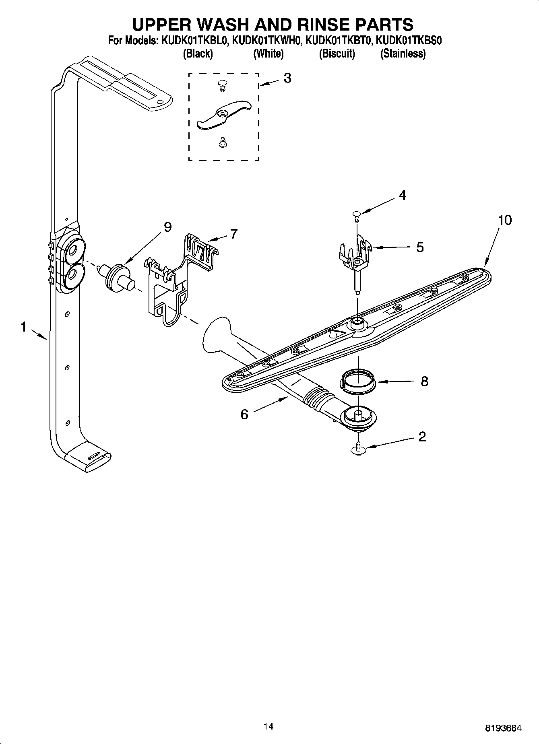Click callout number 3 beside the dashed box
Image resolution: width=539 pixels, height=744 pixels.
287,78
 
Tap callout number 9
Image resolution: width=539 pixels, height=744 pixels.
167,227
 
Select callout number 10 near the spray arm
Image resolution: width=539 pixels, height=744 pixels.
504,220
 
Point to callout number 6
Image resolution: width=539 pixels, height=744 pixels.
244,414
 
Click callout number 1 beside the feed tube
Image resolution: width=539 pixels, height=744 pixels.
24,327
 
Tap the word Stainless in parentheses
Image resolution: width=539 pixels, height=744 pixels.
403,54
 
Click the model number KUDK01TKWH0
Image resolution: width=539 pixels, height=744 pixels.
267,41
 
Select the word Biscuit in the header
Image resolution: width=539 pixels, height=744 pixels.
337,54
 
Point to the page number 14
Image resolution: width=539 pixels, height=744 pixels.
268,726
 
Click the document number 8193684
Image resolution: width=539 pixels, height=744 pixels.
503,728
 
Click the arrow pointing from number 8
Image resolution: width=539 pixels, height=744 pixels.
394,381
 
